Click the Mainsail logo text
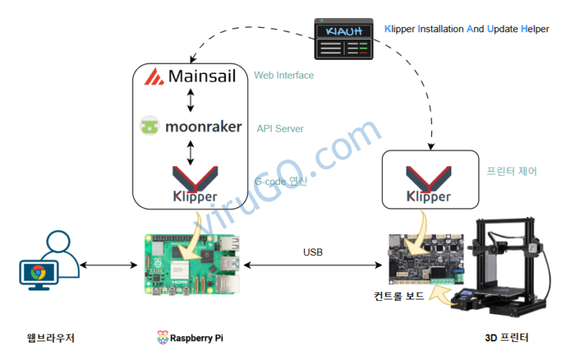pos(201,76)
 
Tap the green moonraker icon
pos(149,126)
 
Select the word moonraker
pos(204,126)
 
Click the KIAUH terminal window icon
pos(344,39)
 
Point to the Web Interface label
pos(284,75)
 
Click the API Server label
pos(280,129)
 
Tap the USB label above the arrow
pos(313,252)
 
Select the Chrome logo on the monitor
pos(38,272)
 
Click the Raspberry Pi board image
pos(192,264)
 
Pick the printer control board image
pos(426,259)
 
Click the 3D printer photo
pos(500,267)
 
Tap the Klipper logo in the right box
pos(429,184)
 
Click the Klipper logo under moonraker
pos(195,184)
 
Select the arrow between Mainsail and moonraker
pos(190,100)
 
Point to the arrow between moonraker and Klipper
pos(190,153)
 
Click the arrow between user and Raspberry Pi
pos(109,265)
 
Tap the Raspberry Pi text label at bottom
pos(196,338)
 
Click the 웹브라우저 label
pos(51,338)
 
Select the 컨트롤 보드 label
pos(399,296)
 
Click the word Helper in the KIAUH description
pos(535,29)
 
